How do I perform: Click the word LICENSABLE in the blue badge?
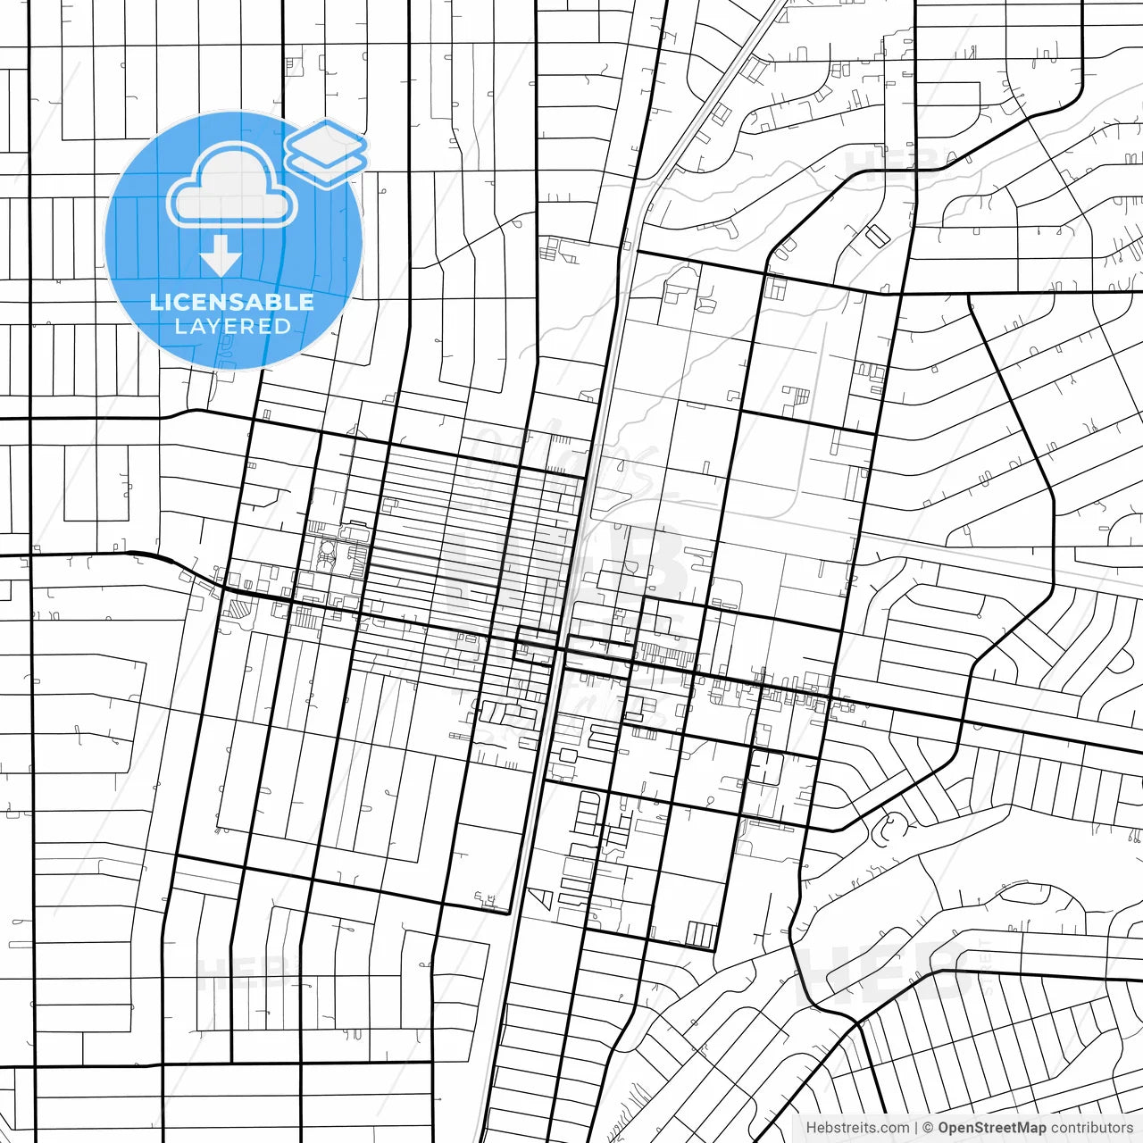(232, 302)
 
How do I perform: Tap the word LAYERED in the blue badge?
(232, 327)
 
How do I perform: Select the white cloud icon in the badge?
(231, 186)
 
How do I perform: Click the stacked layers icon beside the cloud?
(327, 152)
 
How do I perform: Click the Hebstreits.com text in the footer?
(857, 1128)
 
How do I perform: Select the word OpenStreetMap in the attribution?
(991, 1128)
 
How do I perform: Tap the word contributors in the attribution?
(1091, 1128)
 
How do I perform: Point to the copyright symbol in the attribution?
(928, 1128)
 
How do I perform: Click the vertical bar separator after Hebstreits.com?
(916, 1128)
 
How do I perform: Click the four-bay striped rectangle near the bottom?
(702, 935)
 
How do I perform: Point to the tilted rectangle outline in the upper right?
(878, 235)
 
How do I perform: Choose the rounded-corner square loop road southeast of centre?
(765, 768)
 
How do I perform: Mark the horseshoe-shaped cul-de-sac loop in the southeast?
(889, 829)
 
